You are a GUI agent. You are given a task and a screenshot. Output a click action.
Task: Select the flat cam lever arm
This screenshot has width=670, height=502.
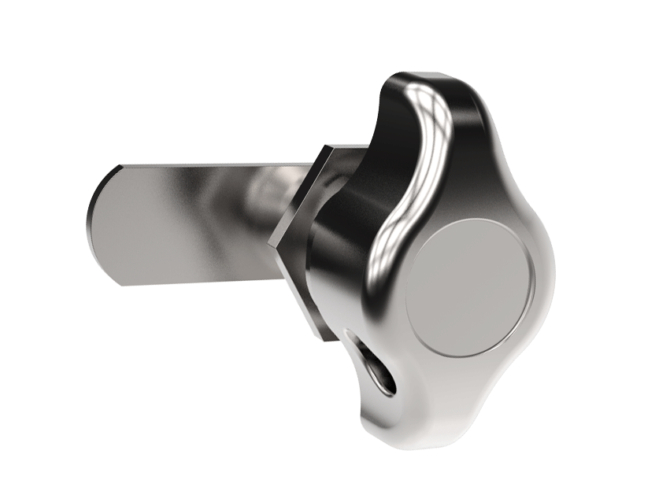(x=189, y=224)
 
